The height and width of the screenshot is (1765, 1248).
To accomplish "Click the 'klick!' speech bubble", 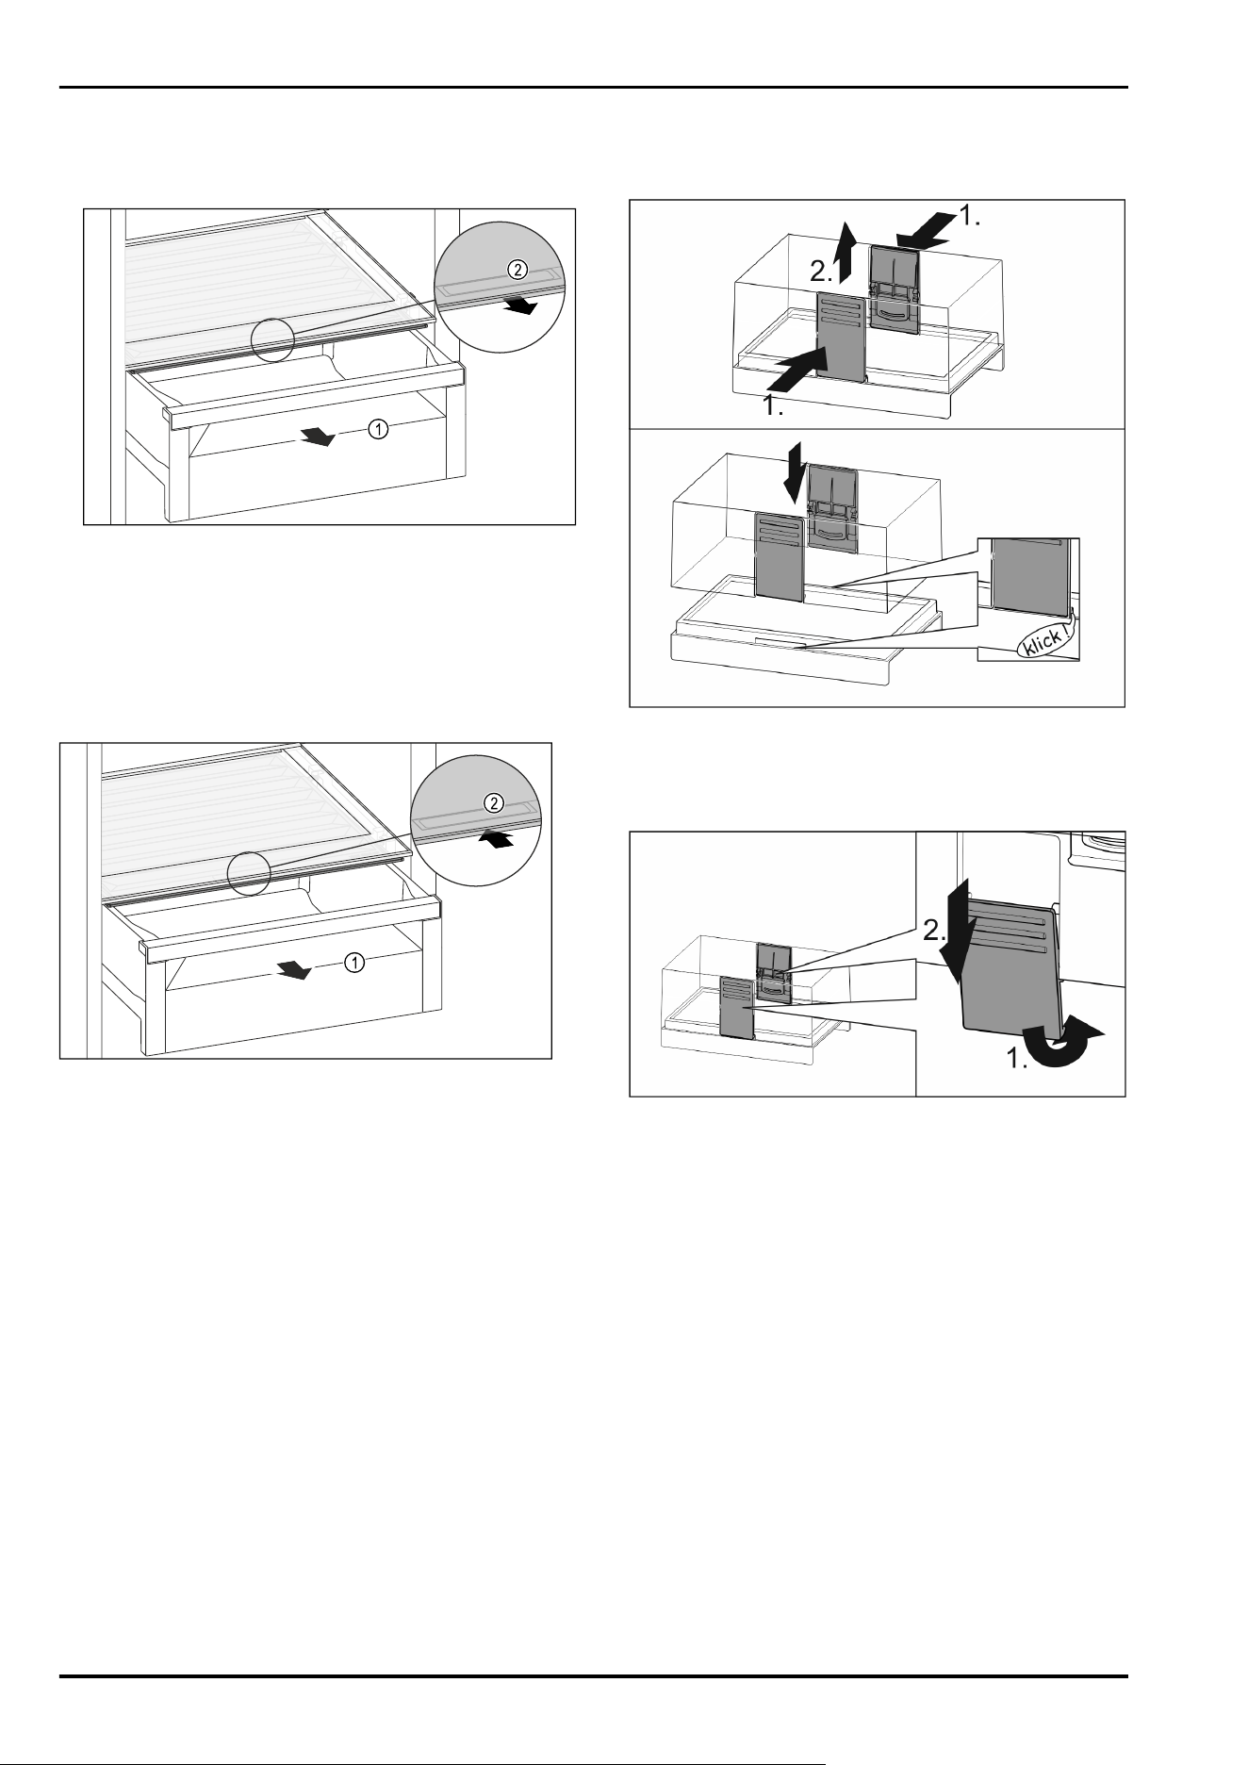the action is pyautogui.click(x=1047, y=640).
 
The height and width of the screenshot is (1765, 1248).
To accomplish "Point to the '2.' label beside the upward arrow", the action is pyautogui.click(x=821, y=272).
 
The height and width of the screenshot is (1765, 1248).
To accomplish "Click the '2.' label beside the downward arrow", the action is pyautogui.click(x=935, y=932).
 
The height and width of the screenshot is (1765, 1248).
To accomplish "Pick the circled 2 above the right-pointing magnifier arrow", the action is pyautogui.click(x=516, y=269).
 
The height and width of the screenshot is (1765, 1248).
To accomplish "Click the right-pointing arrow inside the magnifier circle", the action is pyautogui.click(x=519, y=304).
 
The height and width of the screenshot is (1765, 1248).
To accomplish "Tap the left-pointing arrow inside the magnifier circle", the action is pyautogui.click(x=496, y=837).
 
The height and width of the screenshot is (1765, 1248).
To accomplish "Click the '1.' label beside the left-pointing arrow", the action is pyautogui.click(x=970, y=217).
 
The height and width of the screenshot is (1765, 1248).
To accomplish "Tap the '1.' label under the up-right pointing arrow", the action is pyautogui.click(x=774, y=407).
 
